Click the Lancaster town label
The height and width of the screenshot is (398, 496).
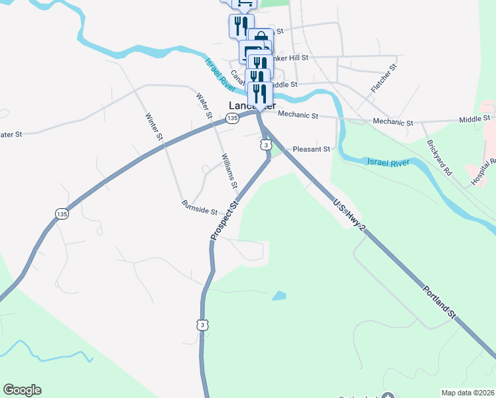pyautogui.click(x=251, y=105)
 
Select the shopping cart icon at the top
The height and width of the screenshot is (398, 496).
pyautogui.click(x=243, y=3)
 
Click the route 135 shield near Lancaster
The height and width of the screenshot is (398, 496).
pyautogui.click(x=231, y=118)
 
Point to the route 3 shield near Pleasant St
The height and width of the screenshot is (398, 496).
pyautogui.click(x=265, y=145)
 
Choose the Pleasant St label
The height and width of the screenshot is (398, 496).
pyautogui.click(x=311, y=149)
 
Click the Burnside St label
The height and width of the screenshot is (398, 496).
pyautogui.click(x=200, y=212)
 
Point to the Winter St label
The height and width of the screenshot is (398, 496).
pyautogui.click(x=155, y=127)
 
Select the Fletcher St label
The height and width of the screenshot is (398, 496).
pyautogui.click(x=384, y=77)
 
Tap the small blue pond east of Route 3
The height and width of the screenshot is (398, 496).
pyautogui.click(x=279, y=295)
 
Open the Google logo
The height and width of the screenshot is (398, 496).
pyautogui.click(x=22, y=390)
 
